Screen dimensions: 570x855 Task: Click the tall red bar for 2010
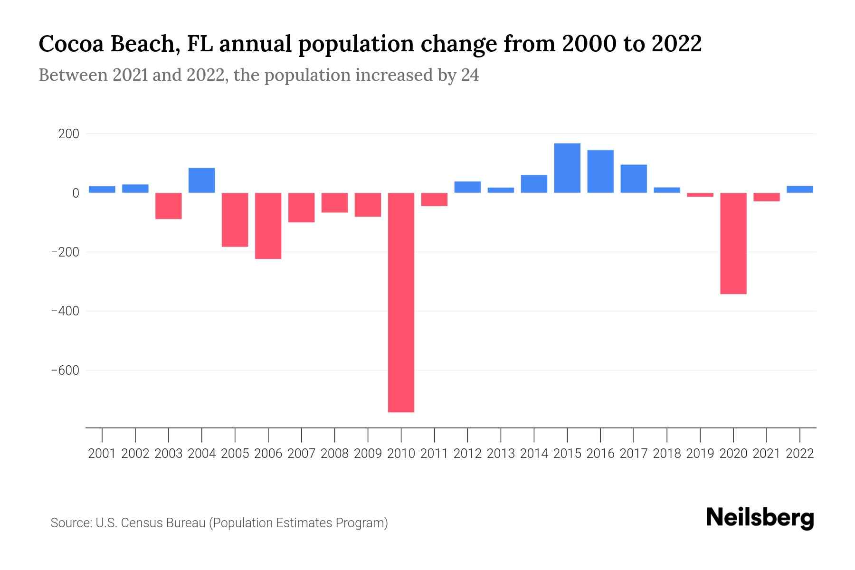tap(401, 302)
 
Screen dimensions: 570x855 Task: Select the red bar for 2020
tap(733, 243)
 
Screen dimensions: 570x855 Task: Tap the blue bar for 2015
tap(567, 168)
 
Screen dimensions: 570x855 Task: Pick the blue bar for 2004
tap(201, 180)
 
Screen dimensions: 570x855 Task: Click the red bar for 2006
tap(268, 226)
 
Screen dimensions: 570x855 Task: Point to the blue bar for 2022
tap(799, 189)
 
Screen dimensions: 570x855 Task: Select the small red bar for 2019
tap(700, 195)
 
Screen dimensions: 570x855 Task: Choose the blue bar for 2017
tap(633, 179)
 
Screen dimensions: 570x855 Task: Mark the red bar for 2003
tap(169, 206)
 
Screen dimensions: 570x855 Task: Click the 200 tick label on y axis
tap(68, 134)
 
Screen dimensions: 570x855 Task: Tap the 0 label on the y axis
tap(76, 193)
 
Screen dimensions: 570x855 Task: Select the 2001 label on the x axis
tap(102, 454)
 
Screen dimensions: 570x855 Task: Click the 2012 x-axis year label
tap(467, 454)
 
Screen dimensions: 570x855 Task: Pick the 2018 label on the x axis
tap(666, 454)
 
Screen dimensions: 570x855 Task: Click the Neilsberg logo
tap(760, 518)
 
